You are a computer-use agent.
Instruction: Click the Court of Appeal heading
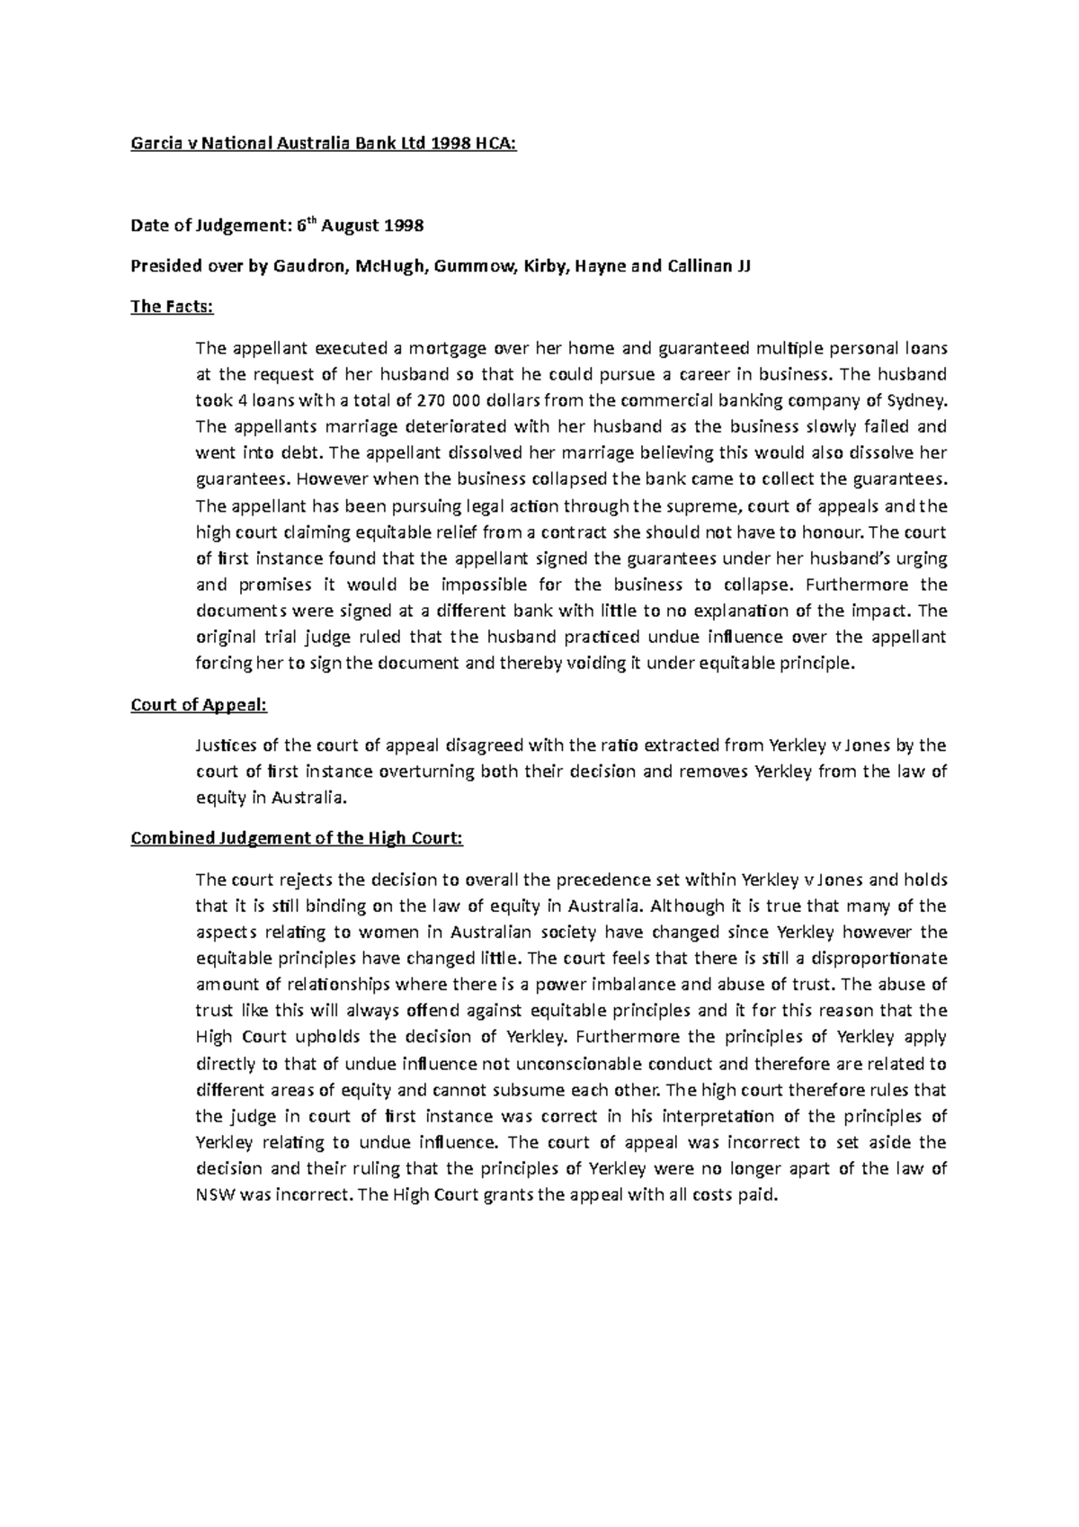coord(199,705)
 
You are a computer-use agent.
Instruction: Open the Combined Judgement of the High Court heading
coord(297,839)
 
